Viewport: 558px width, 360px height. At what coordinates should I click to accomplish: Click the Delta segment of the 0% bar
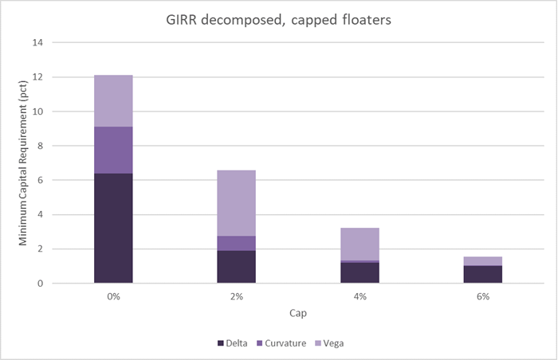click(113, 228)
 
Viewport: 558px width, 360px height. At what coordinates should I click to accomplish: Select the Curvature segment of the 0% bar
click(113, 150)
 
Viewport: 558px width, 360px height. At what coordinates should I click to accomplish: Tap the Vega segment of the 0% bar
click(113, 101)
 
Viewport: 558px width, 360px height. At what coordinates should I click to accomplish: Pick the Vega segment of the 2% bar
click(237, 203)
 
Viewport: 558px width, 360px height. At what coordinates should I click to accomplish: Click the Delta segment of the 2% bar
click(237, 267)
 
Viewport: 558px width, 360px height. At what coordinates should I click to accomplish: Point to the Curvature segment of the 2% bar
click(237, 243)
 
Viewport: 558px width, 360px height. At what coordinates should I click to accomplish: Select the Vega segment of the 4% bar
click(360, 244)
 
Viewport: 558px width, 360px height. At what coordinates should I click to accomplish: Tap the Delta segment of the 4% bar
click(360, 272)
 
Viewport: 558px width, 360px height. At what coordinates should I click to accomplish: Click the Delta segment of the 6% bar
click(483, 274)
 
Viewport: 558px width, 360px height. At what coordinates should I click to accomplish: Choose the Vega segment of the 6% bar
click(483, 261)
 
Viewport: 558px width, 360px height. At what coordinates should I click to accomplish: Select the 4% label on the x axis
click(360, 297)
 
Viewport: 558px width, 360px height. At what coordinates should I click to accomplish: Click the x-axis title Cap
click(298, 314)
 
